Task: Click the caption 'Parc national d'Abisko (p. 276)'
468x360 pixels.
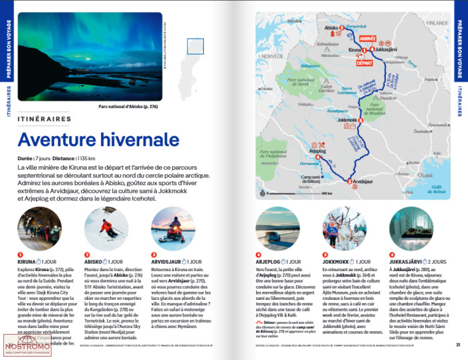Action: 128,106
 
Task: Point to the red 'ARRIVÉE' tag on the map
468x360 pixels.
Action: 368,39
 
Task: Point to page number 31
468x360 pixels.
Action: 458,345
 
